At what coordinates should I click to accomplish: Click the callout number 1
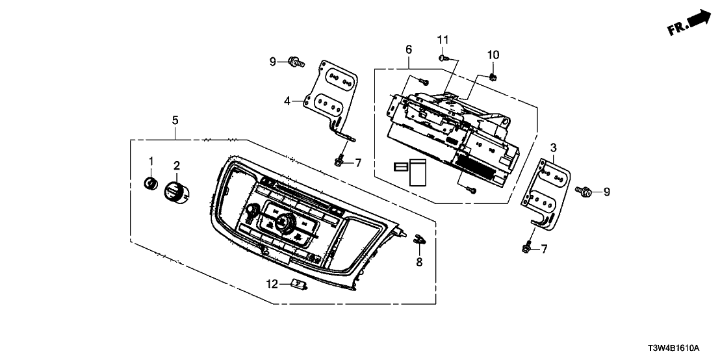[x=151, y=161]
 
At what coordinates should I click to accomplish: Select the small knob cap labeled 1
[x=151, y=183]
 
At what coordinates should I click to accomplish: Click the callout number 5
[x=174, y=120]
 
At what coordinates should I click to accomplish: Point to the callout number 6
[x=408, y=49]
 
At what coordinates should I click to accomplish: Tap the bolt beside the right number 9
[x=583, y=192]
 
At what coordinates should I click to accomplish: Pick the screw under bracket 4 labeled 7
[x=339, y=159]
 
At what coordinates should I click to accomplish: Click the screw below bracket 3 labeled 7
[x=527, y=246]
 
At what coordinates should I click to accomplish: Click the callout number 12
[x=274, y=283]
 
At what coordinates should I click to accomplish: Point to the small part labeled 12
[x=299, y=283]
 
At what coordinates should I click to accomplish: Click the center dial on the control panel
[x=283, y=224]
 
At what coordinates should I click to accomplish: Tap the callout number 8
[x=419, y=263]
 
